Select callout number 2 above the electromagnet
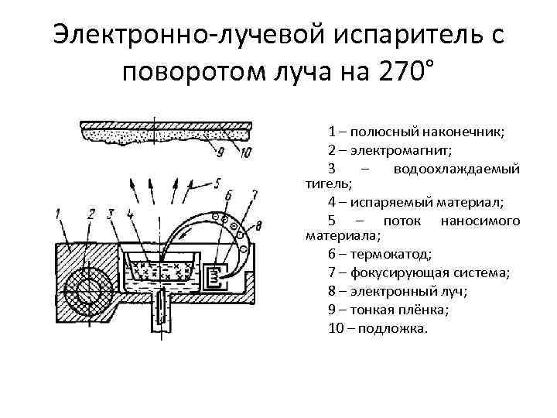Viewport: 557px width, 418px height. click(91, 214)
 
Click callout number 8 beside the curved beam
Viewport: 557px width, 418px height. click(258, 226)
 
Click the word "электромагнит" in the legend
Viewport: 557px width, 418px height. click(387, 150)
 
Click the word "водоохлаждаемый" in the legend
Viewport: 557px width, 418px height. click(456, 169)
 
